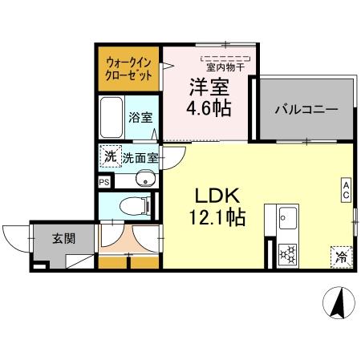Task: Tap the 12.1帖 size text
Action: point(214,216)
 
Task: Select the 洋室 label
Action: point(205,86)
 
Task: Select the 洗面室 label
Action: point(138,158)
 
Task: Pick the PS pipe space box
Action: point(103,182)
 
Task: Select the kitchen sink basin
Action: point(286,217)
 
